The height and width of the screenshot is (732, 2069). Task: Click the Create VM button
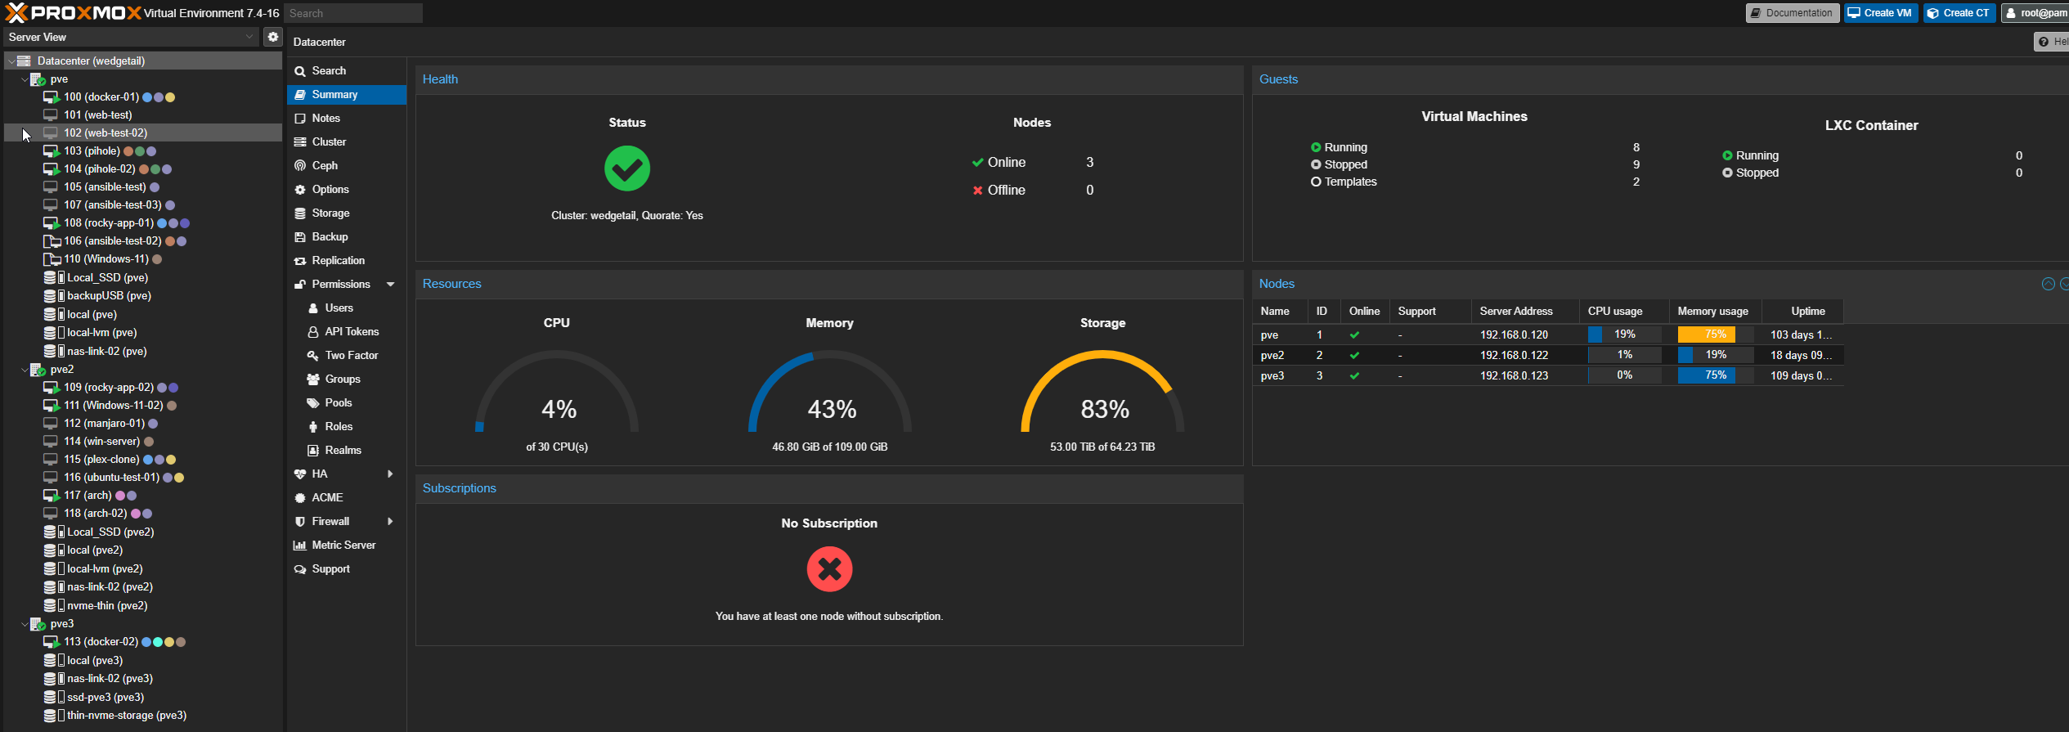(x=1880, y=13)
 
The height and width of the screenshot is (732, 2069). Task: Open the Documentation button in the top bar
(x=1792, y=13)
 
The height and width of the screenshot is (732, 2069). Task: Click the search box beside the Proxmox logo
(x=353, y=13)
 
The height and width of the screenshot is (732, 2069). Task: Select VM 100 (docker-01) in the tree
(x=101, y=97)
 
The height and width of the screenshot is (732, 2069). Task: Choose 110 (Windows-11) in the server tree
(x=105, y=259)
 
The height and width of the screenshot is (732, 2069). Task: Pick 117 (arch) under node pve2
(x=88, y=496)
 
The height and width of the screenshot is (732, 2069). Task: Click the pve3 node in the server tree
(x=61, y=624)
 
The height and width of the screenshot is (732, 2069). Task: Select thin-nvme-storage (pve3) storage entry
(x=127, y=716)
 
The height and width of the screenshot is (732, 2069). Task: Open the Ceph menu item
(x=325, y=166)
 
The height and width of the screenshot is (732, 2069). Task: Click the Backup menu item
(x=330, y=237)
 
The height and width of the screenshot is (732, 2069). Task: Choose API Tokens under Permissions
(x=352, y=332)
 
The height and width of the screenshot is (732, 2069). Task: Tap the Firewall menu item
(x=330, y=522)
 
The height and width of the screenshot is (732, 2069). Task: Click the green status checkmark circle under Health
(x=627, y=168)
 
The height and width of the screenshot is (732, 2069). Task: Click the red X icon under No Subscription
(x=829, y=569)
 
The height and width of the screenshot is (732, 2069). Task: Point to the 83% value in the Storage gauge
(x=1105, y=409)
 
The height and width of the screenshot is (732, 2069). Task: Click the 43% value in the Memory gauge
(x=832, y=409)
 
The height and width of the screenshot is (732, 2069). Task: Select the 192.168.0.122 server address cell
(x=1514, y=356)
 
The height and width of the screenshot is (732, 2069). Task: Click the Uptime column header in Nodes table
(x=1807, y=312)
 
